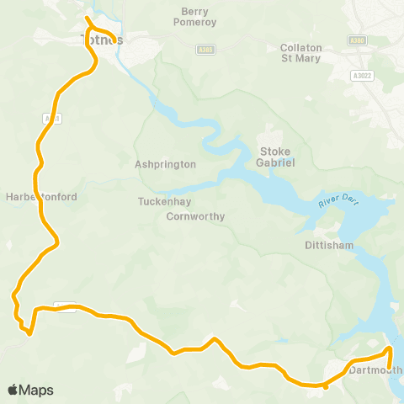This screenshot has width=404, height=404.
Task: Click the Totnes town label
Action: (102, 40)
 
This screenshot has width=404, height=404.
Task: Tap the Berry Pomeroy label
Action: (200, 18)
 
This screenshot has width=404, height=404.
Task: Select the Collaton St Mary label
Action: (300, 53)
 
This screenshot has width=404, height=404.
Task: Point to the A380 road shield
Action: (356, 40)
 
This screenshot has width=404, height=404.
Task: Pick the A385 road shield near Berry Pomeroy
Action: (205, 50)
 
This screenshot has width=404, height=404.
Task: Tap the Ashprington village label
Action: (165, 165)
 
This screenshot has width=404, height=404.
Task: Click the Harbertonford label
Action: (41, 196)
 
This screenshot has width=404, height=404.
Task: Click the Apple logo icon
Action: (13, 390)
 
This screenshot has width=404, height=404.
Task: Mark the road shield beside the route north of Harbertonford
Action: (51, 119)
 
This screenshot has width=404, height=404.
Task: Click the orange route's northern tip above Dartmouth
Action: (389, 347)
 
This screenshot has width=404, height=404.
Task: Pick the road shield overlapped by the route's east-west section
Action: (65, 307)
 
